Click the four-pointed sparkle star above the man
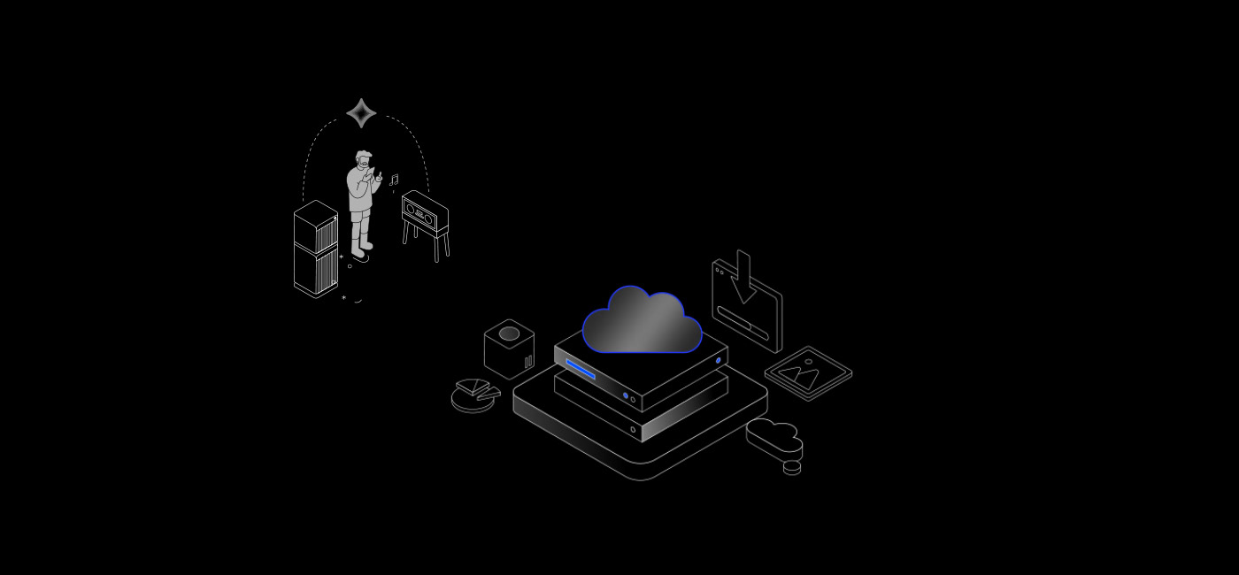click(x=361, y=113)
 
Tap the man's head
click(x=363, y=161)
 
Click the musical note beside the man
click(x=394, y=180)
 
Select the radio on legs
click(x=425, y=213)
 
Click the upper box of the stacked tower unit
click(x=315, y=225)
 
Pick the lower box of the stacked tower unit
click(x=315, y=269)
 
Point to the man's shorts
click(x=359, y=214)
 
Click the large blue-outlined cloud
click(x=642, y=322)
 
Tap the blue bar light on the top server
click(x=581, y=369)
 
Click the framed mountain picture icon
click(x=808, y=372)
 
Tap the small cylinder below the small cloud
click(x=792, y=468)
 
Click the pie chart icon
click(x=474, y=395)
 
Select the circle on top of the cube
click(x=509, y=333)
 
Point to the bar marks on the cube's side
click(x=528, y=361)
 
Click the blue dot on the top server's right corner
click(x=718, y=361)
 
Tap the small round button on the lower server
click(x=633, y=430)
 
